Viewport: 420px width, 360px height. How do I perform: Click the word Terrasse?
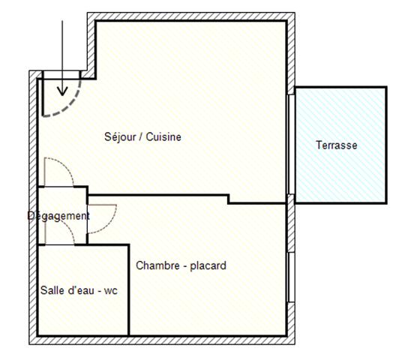(x=336, y=145)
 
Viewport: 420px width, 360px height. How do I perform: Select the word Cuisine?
(x=163, y=137)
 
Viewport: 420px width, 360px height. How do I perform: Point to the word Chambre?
(x=155, y=265)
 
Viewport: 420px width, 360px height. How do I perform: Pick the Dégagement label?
(x=58, y=216)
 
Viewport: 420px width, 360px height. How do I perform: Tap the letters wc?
(x=111, y=289)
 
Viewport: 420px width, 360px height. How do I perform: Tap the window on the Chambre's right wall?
(x=289, y=277)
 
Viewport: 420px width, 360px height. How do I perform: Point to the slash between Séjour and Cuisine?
(x=142, y=137)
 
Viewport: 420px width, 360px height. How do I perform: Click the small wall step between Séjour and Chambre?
(x=228, y=199)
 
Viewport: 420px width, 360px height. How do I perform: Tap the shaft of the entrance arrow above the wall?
(x=62, y=45)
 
